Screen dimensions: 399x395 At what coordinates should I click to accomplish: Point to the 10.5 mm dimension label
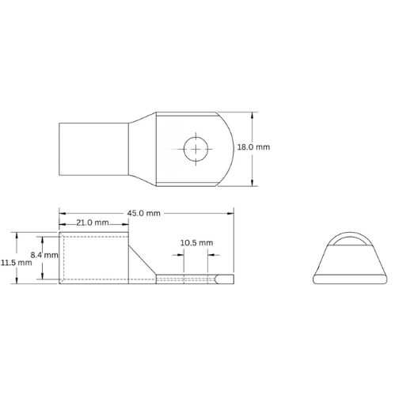click(196, 242)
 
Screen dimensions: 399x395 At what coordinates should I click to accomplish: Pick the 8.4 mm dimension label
click(44, 255)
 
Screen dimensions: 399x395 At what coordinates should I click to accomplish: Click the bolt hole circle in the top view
click(194, 147)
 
